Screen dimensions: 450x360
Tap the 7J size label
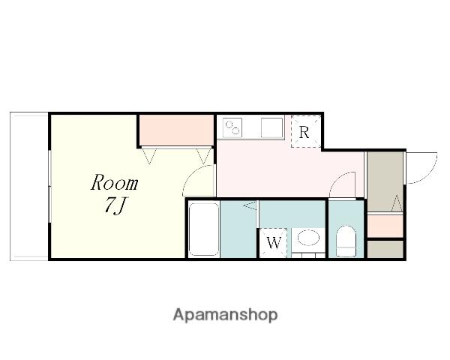115,206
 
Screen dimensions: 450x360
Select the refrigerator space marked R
306,131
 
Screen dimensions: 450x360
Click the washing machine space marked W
274,243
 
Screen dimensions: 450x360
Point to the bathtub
204,229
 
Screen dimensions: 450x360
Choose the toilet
346,241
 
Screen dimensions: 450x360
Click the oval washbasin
308,238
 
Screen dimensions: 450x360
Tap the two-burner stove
232,127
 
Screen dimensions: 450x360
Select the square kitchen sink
271,127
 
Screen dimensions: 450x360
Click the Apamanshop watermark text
225,315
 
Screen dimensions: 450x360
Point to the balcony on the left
29,186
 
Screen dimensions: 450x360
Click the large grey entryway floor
385,181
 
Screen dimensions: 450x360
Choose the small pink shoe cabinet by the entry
385,226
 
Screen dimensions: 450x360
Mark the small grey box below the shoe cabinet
385,249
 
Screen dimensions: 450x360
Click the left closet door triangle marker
149,156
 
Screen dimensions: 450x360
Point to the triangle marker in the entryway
397,203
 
